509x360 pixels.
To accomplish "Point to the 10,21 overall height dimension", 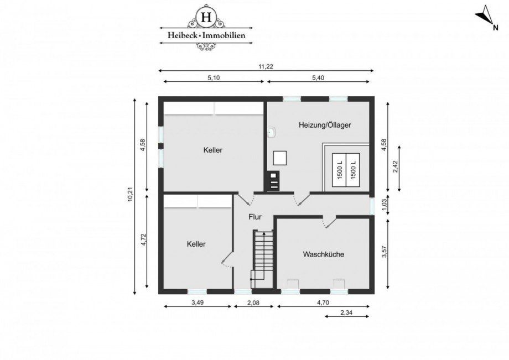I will tap(130, 196).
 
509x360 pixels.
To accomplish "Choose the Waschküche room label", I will tap(324, 254).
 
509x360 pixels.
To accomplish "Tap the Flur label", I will tap(255, 217).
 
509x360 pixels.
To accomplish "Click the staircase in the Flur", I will tap(263, 255).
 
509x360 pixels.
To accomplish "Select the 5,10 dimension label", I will tap(214, 78).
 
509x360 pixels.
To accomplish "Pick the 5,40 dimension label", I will tap(318, 78).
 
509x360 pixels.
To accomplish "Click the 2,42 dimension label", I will tap(395, 166).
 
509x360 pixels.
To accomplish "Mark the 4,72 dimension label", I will tap(142, 241).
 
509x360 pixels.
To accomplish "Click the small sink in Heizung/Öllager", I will tap(272, 132).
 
